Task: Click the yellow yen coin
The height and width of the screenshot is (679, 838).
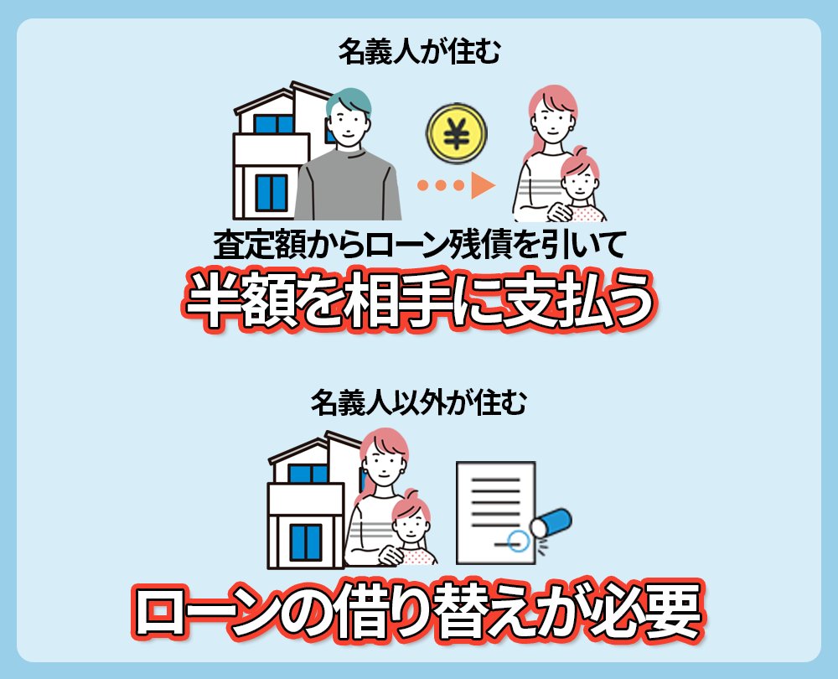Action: click(457, 135)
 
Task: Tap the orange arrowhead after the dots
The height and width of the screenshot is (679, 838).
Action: click(483, 184)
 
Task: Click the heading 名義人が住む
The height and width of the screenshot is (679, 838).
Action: click(419, 53)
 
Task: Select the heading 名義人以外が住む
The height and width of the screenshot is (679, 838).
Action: click(419, 403)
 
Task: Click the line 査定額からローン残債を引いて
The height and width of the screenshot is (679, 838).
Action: click(419, 245)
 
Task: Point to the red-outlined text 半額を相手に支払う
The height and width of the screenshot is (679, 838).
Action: click(419, 298)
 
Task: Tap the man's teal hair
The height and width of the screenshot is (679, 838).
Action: click(345, 101)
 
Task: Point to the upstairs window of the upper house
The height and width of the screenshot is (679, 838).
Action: click(272, 126)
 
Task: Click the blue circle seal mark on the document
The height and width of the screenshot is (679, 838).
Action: click(519, 542)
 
